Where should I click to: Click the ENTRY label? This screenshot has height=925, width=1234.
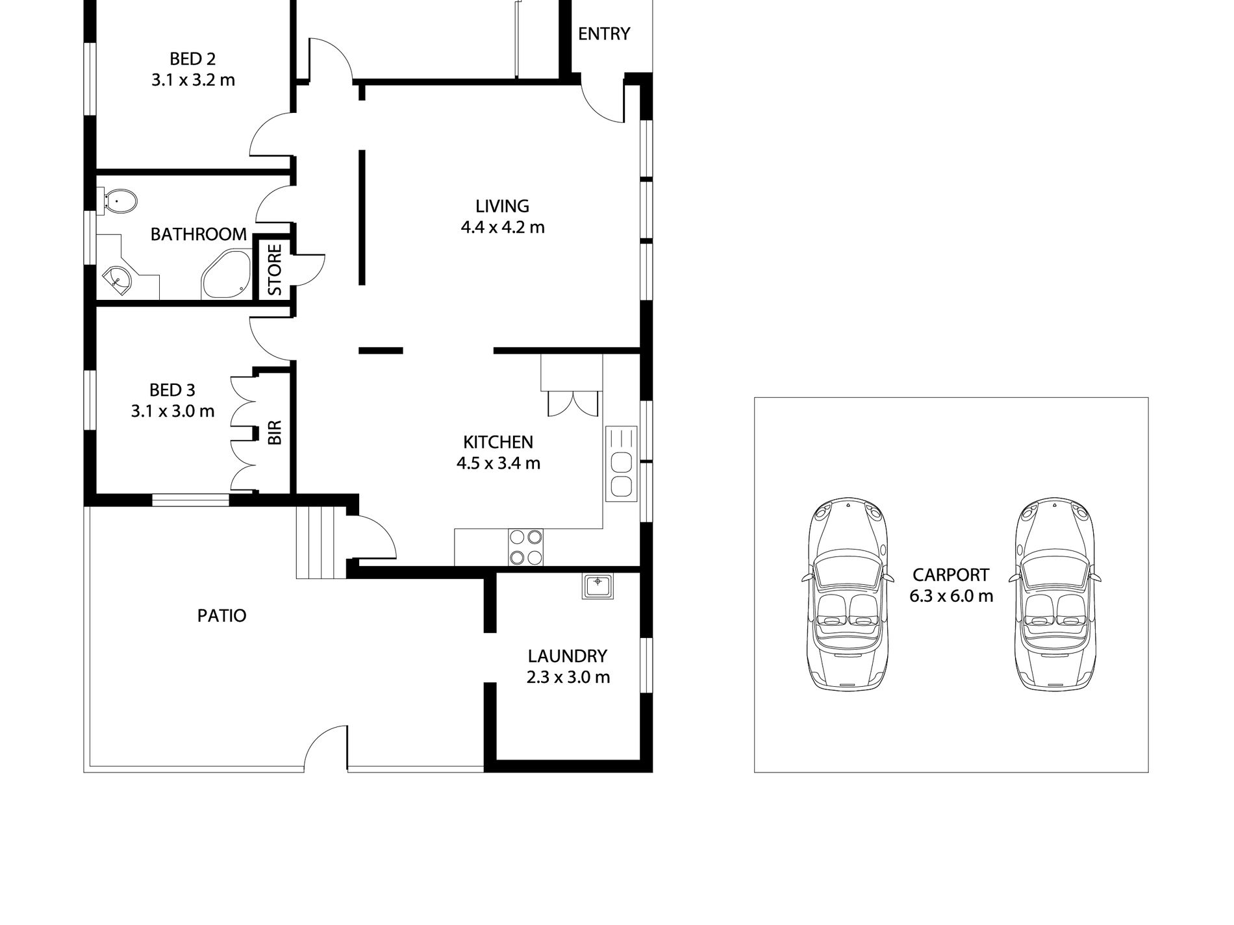point(603,34)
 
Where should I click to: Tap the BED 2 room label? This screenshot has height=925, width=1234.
point(192,59)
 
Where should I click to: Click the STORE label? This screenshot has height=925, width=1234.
point(275,269)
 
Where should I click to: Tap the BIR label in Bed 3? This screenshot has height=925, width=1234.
point(275,432)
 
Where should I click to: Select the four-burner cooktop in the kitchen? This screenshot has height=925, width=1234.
point(525,547)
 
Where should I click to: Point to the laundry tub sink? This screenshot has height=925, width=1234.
point(598,586)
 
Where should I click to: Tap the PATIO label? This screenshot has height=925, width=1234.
point(221,615)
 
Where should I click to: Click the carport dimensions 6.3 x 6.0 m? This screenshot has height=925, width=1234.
point(951,596)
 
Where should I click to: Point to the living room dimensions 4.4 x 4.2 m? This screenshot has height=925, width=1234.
point(502,227)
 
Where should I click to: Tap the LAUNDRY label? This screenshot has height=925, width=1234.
point(567,656)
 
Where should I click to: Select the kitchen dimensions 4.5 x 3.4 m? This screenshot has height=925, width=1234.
point(498,463)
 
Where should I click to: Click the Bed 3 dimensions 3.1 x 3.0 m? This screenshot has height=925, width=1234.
point(172,411)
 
